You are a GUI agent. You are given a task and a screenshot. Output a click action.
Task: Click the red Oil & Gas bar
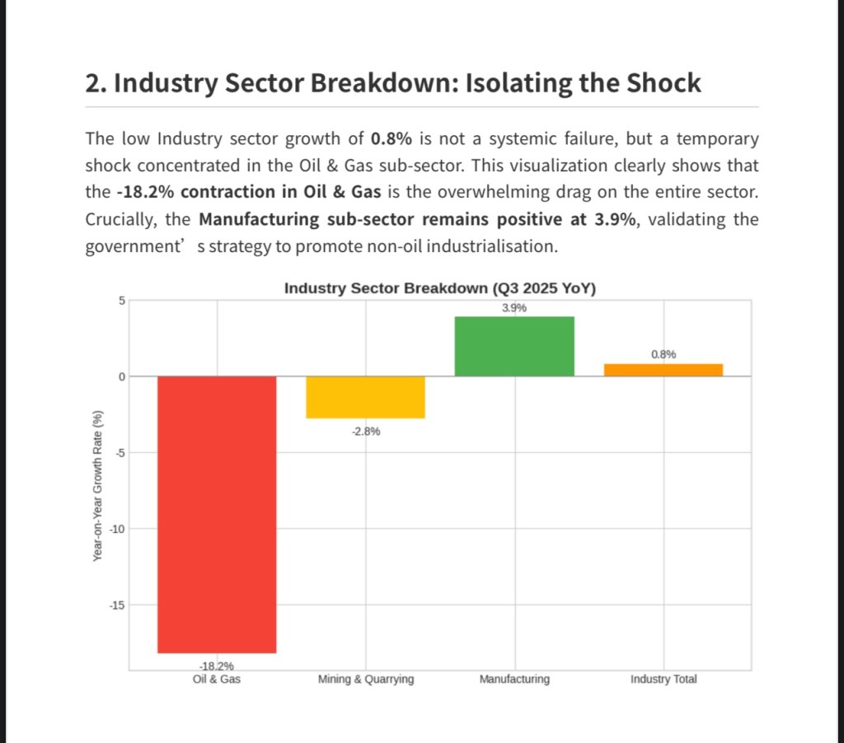217,514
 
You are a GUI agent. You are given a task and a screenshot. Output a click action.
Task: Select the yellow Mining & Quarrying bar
366,397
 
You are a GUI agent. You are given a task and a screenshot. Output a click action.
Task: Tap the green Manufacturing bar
514,346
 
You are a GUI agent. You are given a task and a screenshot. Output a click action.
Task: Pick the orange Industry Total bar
663,370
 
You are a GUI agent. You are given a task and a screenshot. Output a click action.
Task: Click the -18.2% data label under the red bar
217,666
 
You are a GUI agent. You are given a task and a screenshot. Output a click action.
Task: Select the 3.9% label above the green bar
514,307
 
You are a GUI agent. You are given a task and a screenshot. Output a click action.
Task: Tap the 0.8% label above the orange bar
663,354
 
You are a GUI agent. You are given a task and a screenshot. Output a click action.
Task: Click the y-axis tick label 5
120,301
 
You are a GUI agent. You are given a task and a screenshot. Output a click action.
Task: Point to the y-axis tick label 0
120,376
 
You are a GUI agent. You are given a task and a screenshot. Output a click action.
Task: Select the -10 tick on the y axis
116,529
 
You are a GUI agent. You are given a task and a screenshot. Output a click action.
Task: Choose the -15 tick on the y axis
116,605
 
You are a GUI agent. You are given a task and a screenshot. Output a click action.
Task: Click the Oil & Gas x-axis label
217,680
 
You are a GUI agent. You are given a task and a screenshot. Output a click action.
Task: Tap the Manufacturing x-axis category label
514,680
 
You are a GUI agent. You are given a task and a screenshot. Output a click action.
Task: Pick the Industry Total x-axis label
663,680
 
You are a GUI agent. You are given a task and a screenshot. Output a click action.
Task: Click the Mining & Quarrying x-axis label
366,680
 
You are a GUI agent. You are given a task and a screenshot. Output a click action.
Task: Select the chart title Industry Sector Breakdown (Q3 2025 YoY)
440,288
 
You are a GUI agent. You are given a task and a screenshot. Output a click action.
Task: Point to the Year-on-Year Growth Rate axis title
97,486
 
